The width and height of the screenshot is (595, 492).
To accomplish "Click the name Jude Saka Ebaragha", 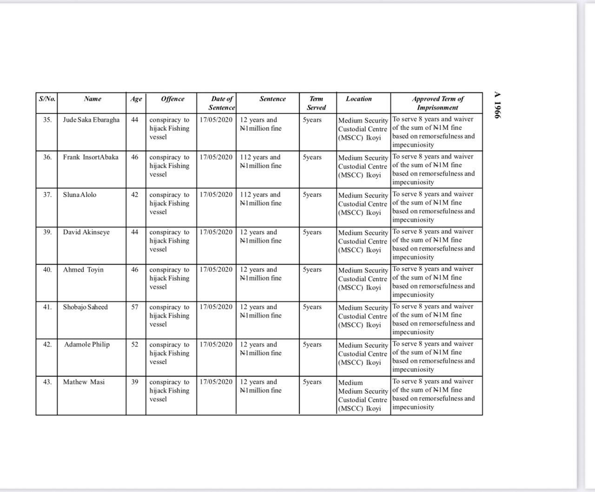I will coord(91,120).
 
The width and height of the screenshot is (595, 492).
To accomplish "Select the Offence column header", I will coord(172,99).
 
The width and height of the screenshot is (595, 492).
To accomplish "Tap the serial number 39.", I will coord(47,232).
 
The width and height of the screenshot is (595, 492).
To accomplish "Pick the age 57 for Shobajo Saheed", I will coord(135,307).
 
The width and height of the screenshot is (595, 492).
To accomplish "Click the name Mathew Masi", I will coord(84,382).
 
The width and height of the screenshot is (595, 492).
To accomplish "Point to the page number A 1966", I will coord(497,105).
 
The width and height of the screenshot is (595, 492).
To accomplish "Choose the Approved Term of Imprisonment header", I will coord(437,103).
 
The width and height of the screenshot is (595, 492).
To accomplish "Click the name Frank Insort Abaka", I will coord(91,157).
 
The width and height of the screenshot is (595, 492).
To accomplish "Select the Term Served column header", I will coord(317,103).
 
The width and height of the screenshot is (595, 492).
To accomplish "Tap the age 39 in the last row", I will coord(135,382).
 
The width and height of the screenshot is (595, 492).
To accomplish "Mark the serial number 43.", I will coord(47,382).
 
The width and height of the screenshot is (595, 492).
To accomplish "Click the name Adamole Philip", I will coord(87,345).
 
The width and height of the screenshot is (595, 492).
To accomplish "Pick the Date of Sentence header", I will coord(222,103).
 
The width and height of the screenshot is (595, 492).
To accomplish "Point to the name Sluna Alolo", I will coord(80,194).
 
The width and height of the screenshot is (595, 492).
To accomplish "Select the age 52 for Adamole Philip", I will coord(135,345).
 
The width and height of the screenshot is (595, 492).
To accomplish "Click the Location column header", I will coord(359,99).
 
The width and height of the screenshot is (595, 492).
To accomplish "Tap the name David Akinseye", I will coord(86,232).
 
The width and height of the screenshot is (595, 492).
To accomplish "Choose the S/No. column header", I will coord(47,99).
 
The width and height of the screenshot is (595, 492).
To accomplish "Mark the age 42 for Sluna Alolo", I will coord(135,194).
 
